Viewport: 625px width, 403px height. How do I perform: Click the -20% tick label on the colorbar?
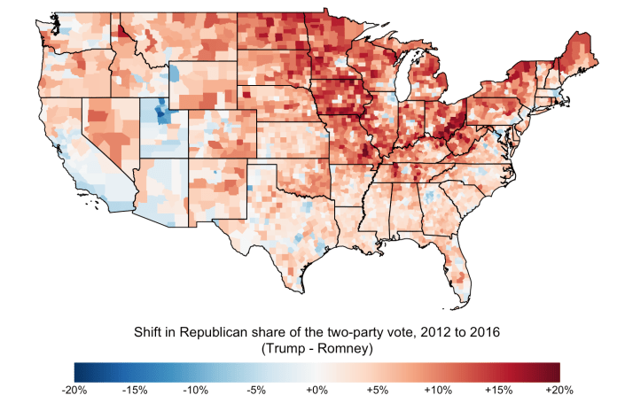click(74, 391)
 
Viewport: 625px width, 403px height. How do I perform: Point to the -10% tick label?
click(195, 391)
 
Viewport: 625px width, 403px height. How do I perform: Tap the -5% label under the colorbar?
click(256, 391)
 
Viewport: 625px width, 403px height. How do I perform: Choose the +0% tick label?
click(316, 391)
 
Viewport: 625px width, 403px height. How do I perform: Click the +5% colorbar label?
click(378, 391)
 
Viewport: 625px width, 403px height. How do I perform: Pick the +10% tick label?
click(438, 391)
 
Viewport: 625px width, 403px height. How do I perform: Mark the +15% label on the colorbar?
click(499, 391)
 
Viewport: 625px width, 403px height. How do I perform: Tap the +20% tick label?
click(559, 391)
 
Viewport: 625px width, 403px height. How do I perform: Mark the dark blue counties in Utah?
click(162, 112)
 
